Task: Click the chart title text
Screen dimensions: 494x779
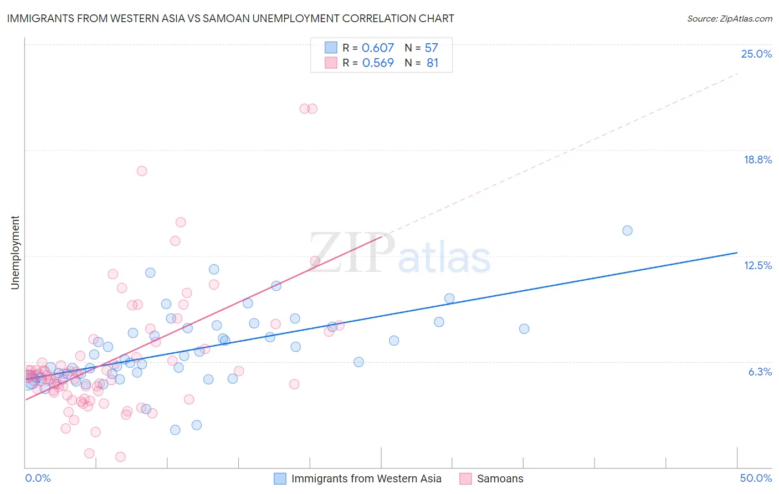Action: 230,19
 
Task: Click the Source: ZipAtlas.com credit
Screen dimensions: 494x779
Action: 729,19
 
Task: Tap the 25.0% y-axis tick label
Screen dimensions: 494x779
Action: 756,54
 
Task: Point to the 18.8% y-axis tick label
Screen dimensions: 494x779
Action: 757,159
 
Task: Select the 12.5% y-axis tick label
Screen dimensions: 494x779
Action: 757,265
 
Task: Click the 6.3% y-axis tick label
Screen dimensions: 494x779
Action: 760,372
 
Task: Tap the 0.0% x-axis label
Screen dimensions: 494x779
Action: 38,478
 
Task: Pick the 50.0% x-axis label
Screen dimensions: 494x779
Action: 756,478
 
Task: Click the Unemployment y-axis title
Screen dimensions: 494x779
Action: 15,253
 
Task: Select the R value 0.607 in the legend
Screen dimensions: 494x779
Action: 378,48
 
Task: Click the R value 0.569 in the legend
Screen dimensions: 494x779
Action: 378,63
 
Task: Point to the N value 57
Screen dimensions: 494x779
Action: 431,48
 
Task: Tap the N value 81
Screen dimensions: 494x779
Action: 432,63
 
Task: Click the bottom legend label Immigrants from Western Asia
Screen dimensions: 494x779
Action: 366,478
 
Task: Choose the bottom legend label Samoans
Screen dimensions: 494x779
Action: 500,478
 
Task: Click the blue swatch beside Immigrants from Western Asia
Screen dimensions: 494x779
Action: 280,478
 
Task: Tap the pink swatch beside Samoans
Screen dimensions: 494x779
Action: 465,478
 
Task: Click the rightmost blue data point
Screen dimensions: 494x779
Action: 627,230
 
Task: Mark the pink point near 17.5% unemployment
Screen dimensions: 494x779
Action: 142,171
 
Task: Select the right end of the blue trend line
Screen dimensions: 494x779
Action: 737,253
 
